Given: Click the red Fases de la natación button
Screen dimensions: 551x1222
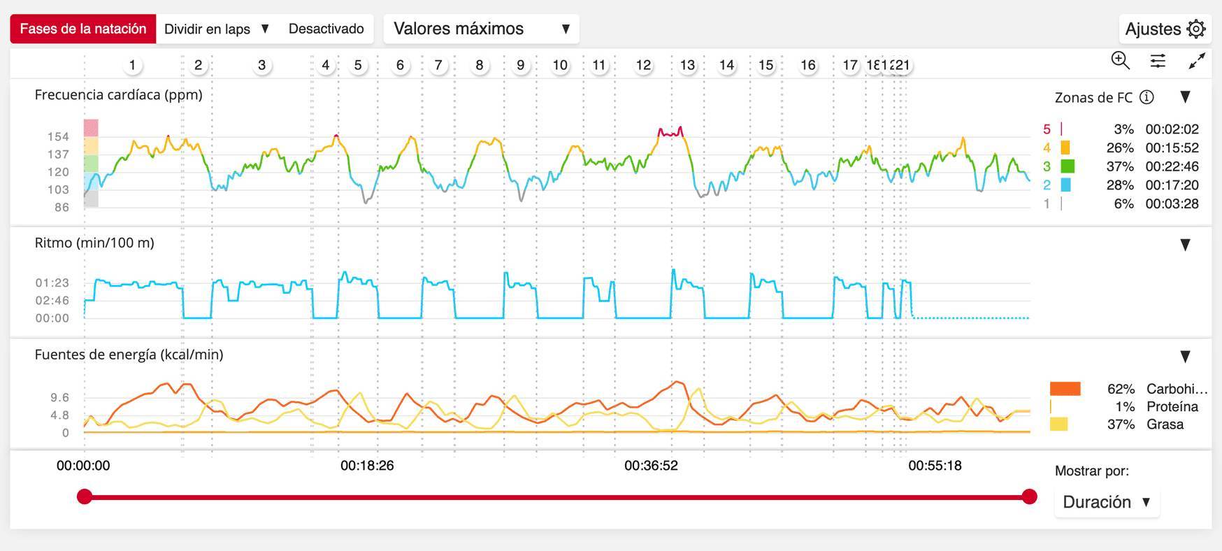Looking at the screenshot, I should [x=83, y=29].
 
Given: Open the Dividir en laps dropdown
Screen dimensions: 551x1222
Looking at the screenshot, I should [x=216, y=29].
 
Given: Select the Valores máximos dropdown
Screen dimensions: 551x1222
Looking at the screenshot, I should [x=481, y=29].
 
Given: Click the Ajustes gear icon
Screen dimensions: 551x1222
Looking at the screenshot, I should [x=1197, y=29].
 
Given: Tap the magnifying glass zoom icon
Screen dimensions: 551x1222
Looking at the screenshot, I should [x=1120, y=61].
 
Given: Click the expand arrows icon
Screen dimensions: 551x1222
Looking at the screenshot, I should [x=1197, y=61].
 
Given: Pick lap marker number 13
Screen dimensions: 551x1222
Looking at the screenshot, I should [x=687, y=65].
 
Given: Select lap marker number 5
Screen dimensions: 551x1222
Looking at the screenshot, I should [x=358, y=65].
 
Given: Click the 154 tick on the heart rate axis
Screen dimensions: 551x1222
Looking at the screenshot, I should [x=58, y=136].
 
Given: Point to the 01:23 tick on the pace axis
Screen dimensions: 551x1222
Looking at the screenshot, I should [x=52, y=282].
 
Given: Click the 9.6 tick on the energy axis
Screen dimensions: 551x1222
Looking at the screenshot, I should [x=59, y=397].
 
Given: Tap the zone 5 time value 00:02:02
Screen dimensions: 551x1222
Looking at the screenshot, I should [x=1172, y=129].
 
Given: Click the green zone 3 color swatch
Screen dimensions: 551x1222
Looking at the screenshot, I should [x=1067, y=166].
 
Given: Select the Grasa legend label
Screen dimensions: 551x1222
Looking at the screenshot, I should [x=1165, y=424].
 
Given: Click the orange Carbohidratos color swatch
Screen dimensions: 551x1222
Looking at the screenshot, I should [x=1065, y=389].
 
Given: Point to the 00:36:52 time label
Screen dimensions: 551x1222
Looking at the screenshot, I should [x=651, y=466].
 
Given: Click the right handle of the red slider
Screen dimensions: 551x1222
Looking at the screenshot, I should [x=1029, y=496].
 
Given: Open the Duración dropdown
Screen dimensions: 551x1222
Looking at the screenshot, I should [x=1106, y=502].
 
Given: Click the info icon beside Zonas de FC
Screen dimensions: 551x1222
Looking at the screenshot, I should [x=1146, y=97].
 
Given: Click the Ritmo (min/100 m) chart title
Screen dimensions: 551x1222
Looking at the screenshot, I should [x=94, y=243].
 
